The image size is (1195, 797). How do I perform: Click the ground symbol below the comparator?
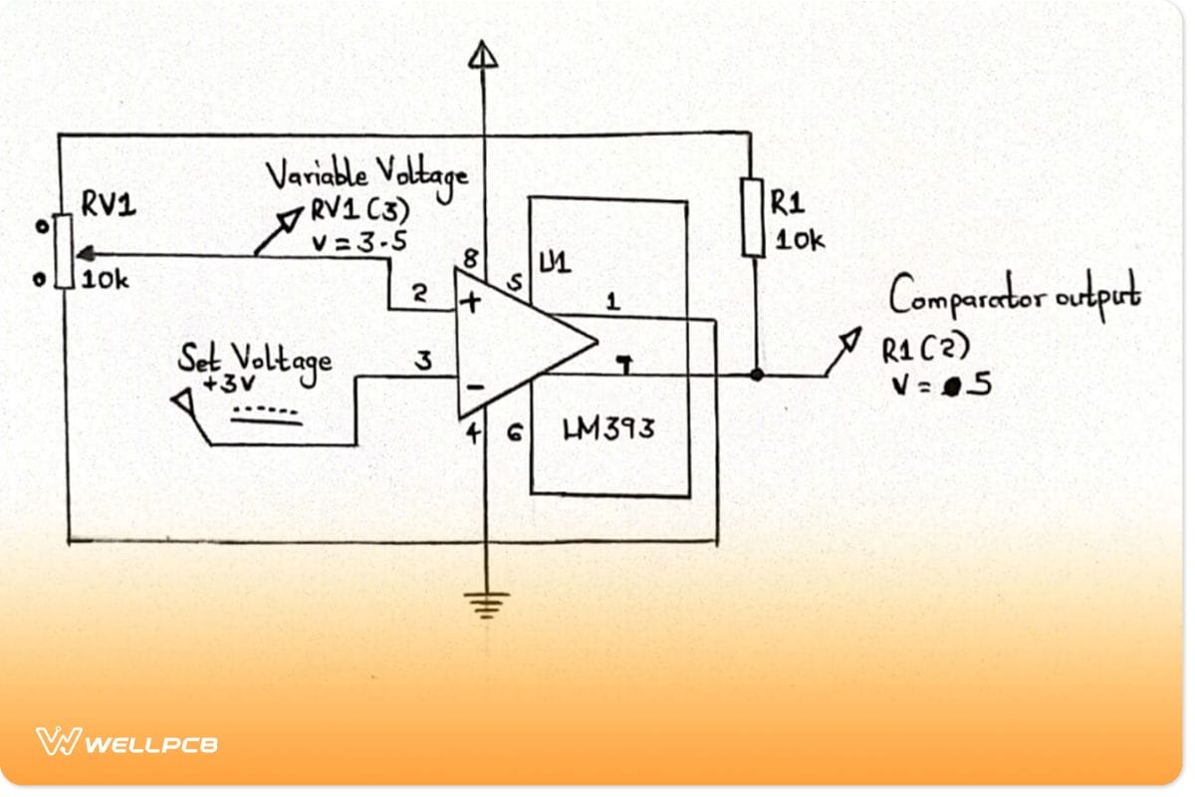point(485,603)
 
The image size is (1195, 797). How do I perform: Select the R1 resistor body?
point(753,217)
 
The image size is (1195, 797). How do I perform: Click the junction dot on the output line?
point(757,376)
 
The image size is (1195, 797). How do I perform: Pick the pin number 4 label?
point(475,432)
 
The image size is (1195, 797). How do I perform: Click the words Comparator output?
point(1013,295)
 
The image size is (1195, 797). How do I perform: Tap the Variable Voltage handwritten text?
point(365,177)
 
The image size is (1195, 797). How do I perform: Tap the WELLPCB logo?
point(127,742)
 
